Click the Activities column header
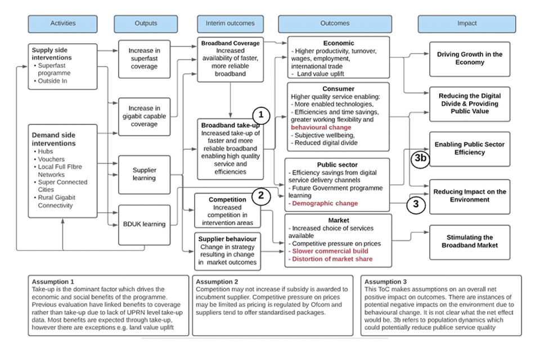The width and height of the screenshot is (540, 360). coord(62,24)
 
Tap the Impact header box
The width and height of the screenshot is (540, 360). coord(467,24)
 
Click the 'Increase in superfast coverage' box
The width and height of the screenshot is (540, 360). coord(144,59)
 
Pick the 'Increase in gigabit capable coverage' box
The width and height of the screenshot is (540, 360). coord(144,116)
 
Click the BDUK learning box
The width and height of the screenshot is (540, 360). coord(144,224)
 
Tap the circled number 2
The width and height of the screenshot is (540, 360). coord(260,195)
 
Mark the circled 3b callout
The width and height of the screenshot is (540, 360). coord(421,159)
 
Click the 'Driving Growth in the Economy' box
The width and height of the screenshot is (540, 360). coord(470,58)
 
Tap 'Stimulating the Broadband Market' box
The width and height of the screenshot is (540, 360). coord(470,242)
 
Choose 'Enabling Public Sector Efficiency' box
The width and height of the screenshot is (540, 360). coord(470,148)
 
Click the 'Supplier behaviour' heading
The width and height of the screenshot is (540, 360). coord(228,239)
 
